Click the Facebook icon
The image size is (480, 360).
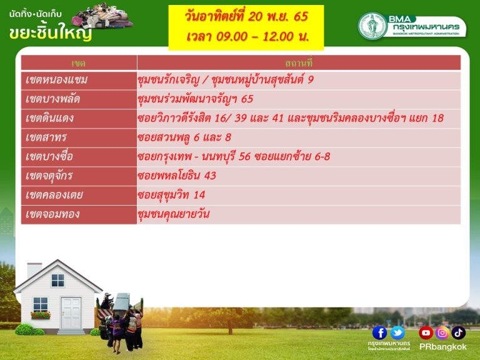click(x=379, y=332)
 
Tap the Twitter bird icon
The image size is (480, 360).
click(x=397, y=332)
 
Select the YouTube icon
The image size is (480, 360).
click(x=426, y=332)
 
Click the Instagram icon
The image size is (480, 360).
click(x=442, y=332)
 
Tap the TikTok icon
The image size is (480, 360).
click(x=458, y=332)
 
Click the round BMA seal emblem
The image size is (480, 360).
click(x=373, y=26)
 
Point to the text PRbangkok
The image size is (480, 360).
click(x=443, y=347)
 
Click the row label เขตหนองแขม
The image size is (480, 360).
click(x=57, y=80)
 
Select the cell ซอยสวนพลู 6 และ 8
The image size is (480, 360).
click(x=184, y=137)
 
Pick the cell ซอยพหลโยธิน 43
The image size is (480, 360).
click(x=177, y=176)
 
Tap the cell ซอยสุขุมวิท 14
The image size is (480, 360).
click(x=171, y=195)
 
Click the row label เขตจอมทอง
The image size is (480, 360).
click(x=52, y=214)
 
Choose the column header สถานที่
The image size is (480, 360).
click(x=299, y=63)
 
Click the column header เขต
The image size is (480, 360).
click(x=78, y=63)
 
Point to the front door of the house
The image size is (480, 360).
click(x=71, y=313)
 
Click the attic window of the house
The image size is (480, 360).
click(x=58, y=280)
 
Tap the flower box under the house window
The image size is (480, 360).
click(x=41, y=315)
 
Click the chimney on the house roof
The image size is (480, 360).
click(x=34, y=271)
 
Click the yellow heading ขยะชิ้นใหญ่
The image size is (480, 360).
click(x=51, y=32)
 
